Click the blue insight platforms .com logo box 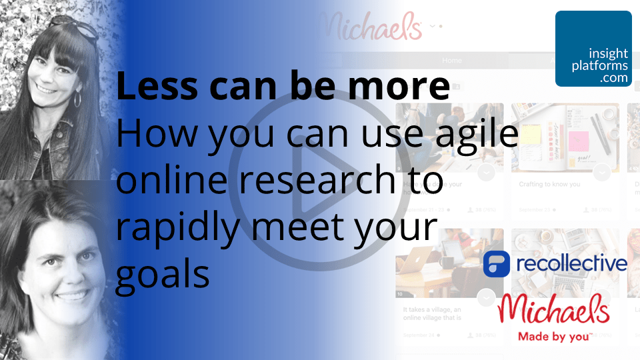pos(593,49)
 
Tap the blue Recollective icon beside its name pos(497,264)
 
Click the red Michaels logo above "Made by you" pos(554,308)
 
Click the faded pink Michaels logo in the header pos(371,27)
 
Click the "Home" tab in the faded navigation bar pos(451,60)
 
